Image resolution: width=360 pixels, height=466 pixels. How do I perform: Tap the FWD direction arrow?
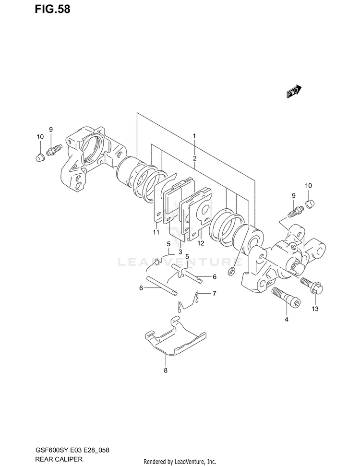click(294, 92)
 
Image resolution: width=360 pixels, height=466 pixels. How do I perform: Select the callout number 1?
click(194, 136)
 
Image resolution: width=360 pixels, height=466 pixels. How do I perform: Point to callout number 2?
click(194, 158)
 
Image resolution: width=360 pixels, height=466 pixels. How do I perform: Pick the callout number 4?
click(286, 319)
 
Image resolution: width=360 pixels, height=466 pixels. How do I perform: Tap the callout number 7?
click(215, 293)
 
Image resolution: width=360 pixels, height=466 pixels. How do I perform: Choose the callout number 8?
click(166, 370)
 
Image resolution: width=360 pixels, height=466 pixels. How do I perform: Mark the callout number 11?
click(156, 233)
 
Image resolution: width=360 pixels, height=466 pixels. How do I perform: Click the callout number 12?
click(201, 243)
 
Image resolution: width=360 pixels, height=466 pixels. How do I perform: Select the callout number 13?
click(315, 309)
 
